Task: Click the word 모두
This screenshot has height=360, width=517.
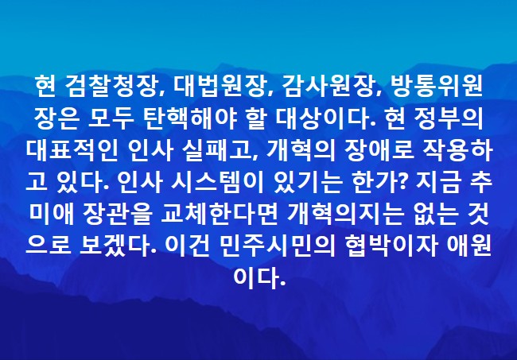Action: [x=111, y=119]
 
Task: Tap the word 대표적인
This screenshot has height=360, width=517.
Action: [x=72, y=151]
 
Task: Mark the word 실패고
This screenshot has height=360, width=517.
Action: [x=220, y=151]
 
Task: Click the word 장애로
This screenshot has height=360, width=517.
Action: [x=379, y=151]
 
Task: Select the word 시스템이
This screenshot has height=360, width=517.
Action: [x=217, y=183]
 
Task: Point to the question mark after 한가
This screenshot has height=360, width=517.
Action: [x=403, y=183]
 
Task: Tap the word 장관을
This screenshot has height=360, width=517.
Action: [x=118, y=215]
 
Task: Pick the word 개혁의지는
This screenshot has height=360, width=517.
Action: [x=346, y=215]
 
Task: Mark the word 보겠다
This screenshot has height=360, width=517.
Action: [x=114, y=246]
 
